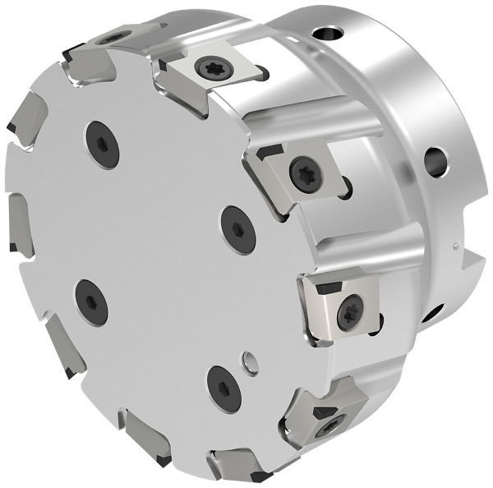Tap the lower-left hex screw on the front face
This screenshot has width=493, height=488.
(x=90, y=302)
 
